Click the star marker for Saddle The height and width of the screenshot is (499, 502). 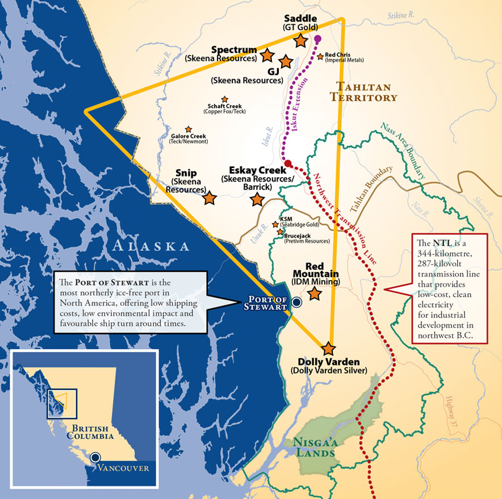click(301, 40)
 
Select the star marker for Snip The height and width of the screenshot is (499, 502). click(210, 198)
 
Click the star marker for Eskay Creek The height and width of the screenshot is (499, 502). click(257, 199)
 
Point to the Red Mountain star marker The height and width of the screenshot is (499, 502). click(314, 293)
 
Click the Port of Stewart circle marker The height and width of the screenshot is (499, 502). click(296, 303)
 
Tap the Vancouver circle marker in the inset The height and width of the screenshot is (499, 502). click(97, 456)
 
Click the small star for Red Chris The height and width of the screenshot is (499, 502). click(320, 56)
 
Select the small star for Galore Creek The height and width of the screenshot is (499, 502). click(188, 129)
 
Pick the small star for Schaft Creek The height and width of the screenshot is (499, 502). click(224, 99)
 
